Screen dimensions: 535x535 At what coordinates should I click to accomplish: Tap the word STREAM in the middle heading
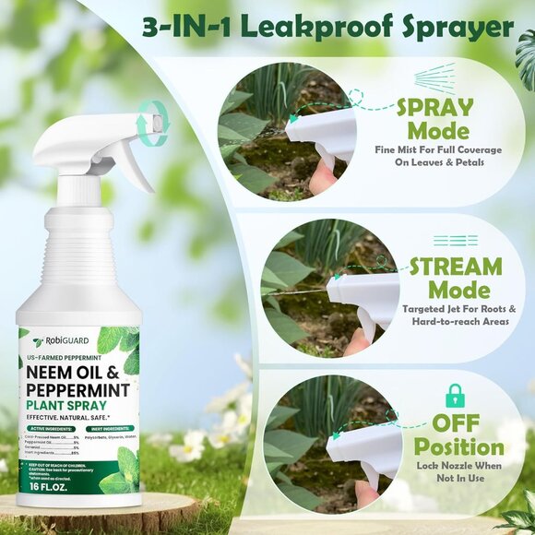[455, 267]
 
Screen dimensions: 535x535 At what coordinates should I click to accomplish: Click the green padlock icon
[455, 396]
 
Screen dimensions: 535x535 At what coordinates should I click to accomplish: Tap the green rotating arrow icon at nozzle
[150, 121]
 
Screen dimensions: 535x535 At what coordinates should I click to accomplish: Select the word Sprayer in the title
[451, 27]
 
